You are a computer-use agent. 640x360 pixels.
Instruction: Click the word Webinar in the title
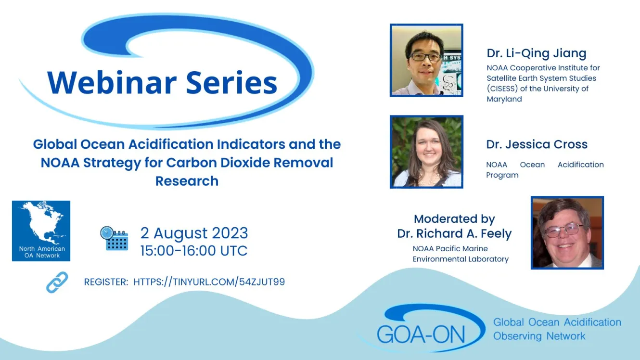point(112,82)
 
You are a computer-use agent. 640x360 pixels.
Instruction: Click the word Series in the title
point(232,82)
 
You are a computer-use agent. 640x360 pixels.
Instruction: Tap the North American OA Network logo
point(41,231)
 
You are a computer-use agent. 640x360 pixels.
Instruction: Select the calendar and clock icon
point(114,239)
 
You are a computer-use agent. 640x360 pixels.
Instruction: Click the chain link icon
point(57,283)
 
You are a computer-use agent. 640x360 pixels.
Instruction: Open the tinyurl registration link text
point(209,282)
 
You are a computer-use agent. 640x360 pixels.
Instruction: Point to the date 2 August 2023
point(194,233)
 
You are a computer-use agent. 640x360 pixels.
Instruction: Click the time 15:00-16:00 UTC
point(194,251)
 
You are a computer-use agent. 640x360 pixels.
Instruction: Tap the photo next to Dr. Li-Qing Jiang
point(426,60)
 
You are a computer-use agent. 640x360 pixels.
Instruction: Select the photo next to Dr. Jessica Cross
point(426,152)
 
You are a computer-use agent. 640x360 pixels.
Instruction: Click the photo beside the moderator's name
point(567,232)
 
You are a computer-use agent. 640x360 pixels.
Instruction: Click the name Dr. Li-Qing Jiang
point(537,53)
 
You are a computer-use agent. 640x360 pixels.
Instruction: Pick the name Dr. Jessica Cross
point(537,144)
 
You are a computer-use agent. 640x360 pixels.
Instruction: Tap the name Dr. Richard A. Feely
point(454,234)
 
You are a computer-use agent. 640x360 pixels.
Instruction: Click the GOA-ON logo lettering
point(421,334)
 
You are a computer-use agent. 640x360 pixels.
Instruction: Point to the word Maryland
point(504,99)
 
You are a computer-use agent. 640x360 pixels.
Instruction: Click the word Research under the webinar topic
point(187,181)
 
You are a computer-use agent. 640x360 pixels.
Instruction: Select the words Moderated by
point(454,219)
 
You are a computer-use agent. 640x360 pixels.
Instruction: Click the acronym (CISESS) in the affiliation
point(502,89)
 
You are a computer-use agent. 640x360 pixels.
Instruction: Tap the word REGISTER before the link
point(106,282)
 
